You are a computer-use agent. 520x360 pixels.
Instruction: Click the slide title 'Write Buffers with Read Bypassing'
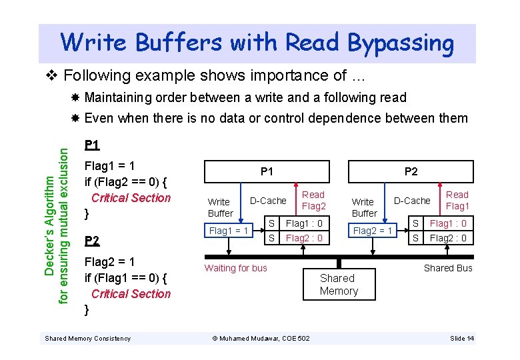click(x=257, y=43)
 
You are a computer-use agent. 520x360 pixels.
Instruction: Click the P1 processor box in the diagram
click(x=267, y=171)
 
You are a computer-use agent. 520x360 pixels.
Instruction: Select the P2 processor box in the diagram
click(x=411, y=171)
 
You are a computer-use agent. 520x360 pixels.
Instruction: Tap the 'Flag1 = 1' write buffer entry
click(x=229, y=231)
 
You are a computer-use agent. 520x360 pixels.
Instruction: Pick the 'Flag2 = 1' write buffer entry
click(x=373, y=231)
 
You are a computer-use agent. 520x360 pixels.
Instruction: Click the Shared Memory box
click(x=339, y=285)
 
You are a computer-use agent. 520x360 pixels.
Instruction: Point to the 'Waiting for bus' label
click(x=235, y=268)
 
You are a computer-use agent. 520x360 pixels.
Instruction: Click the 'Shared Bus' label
click(x=448, y=268)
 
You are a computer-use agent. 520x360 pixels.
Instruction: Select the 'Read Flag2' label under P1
click(x=313, y=201)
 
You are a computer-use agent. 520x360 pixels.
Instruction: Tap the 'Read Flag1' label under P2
click(x=457, y=201)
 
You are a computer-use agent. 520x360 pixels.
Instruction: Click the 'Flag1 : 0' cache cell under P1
click(x=304, y=223)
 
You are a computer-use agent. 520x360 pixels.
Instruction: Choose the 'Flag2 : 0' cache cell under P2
click(x=448, y=238)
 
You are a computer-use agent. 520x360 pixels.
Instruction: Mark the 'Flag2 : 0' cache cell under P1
click(x=304, y=238)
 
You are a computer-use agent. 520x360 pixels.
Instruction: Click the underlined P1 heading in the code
click(x=93, y=145)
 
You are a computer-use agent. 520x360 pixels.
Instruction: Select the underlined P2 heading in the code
click(x=93, y=241)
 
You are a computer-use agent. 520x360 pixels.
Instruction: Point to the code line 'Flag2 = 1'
click(x=110, y=262)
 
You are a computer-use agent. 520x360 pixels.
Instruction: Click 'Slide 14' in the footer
click(x=462, y=339)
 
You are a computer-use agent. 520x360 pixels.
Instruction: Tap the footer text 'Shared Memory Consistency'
click(x=87, y=339)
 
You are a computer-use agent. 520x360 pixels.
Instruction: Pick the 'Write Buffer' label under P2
click(x=364, y=207)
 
